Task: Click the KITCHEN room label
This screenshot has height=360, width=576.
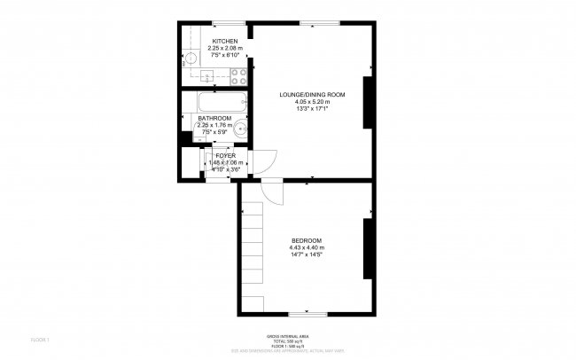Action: [224, 41]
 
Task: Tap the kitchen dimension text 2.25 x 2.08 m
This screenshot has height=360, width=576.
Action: [224, 48]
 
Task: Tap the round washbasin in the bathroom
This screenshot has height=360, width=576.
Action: [238, 128]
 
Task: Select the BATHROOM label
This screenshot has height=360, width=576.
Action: [214, 119]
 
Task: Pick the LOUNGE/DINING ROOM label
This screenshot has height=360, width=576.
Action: [312, 94]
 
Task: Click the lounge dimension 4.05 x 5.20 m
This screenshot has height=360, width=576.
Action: [312, 101]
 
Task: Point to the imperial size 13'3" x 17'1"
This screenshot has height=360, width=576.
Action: [312, 108]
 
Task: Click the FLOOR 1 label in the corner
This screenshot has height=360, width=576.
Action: [40, 340]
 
